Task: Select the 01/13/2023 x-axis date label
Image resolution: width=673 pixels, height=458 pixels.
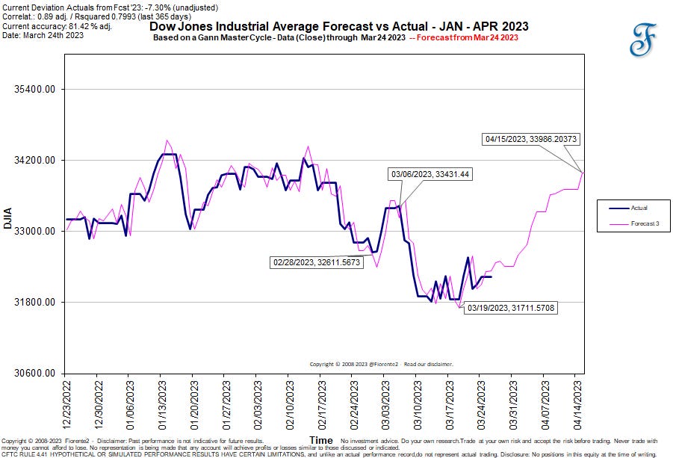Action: [x=161, y=402]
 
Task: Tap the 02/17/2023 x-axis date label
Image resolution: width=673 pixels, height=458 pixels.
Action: [x=320, y=402]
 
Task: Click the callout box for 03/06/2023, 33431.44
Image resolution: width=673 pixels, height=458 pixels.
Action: [x=431, y=174]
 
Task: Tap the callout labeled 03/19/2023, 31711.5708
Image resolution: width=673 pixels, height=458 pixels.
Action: [x=510, y=307]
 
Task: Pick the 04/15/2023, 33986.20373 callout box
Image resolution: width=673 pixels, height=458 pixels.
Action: [x=530, y=138]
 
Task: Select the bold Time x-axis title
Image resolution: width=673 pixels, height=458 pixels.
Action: [x=321, y=441]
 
